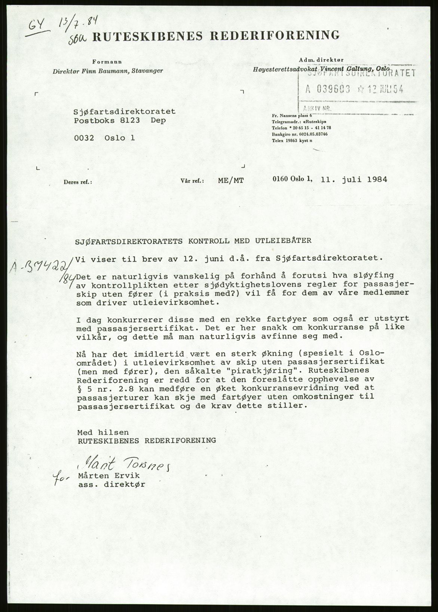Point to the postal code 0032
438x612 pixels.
pos(84,138)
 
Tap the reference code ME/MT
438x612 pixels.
pos(230,180)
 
